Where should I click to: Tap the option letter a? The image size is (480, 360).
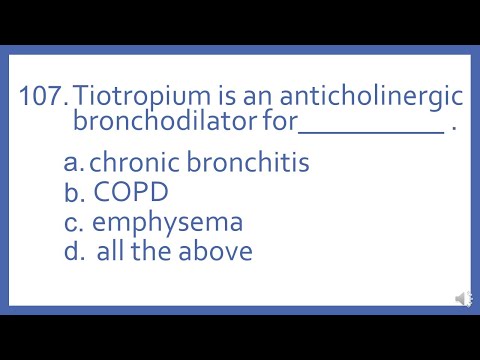click(x=70, y=163)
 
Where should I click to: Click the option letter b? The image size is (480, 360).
click(x=70, y=191)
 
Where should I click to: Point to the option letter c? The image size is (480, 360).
click(x=70, y=221)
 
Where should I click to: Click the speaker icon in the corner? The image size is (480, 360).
click(x=463, y=299)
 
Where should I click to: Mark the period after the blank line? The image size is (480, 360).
click(x=454, y=130)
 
